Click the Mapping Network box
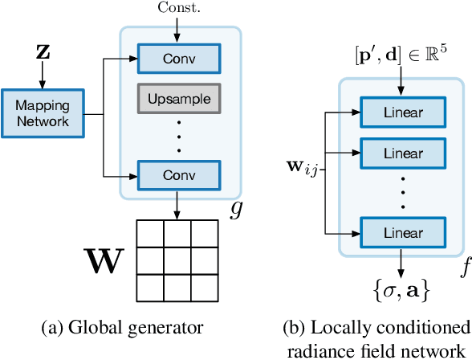[43, 114]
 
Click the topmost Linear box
[402, 112]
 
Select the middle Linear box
[402, 152]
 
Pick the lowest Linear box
[402, 232]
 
